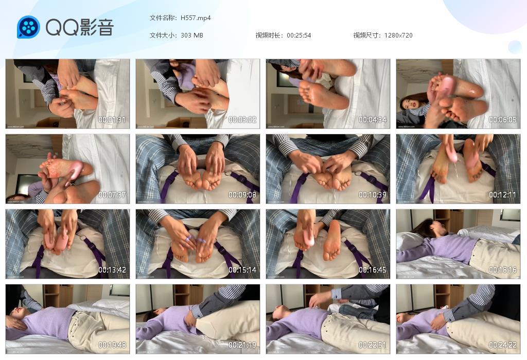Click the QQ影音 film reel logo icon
click(x=28, y=27)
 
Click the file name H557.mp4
click(x=196, y=18)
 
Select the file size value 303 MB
click(x=192, y=35)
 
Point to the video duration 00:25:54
click(x=299, y=35)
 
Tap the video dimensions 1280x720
click(x=398, y=35)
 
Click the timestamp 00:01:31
click(x=112, y=120)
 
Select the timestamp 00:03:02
click(x=242, y=120)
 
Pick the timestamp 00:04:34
click(x=373, y=120)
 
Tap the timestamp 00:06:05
click(x=503, y=120)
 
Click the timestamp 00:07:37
click(x=112, y=195)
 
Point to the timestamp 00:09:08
click(x=242, y=195)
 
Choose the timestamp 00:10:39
click(x=373, y=195)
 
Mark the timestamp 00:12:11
click(x=503, y=195)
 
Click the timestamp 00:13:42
click(x=112, y=270)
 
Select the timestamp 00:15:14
click(x=242, y=270)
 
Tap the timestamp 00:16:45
click(x=373, y=270)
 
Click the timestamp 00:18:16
click(x=503, y=270)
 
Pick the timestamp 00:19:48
click(x=112, y=345)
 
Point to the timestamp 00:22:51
click(x=373, y=345)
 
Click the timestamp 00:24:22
click(x=503, y=345)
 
